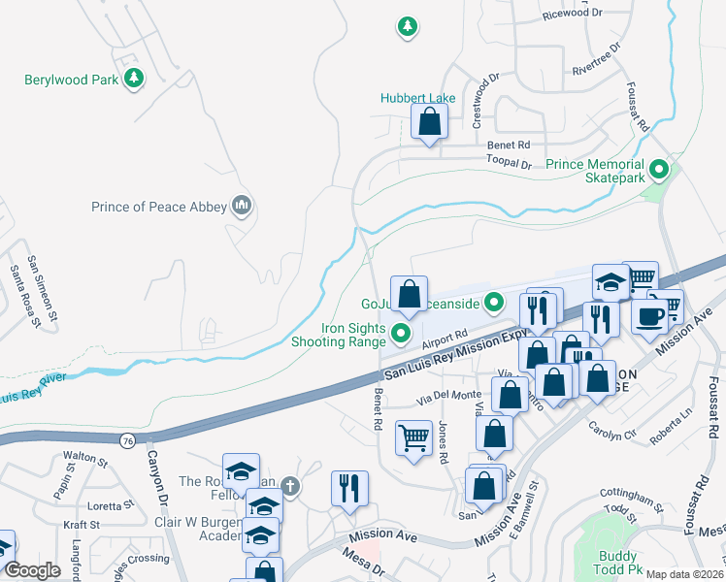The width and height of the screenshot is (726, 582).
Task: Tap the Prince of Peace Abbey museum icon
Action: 242,206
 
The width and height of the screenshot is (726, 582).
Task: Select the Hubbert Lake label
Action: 417,99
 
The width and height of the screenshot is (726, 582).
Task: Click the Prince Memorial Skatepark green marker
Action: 660,172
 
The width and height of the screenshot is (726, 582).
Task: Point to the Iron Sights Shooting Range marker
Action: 402,335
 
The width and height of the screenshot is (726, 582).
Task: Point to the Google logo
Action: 32,570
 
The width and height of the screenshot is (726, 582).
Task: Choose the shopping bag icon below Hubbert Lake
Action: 429,122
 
